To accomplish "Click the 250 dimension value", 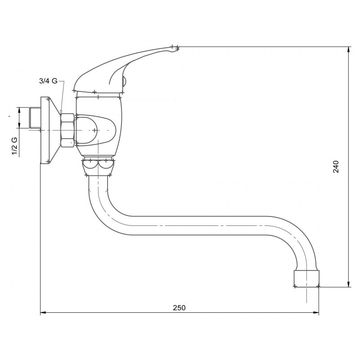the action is [179, 307].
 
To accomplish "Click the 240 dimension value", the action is [336, 166].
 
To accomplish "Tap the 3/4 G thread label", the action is [48, 81].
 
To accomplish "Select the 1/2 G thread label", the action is [14, 146].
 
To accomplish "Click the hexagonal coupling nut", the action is [67, 130].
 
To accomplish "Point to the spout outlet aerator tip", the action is [306, 279].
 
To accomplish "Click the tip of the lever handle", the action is [176, 48].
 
